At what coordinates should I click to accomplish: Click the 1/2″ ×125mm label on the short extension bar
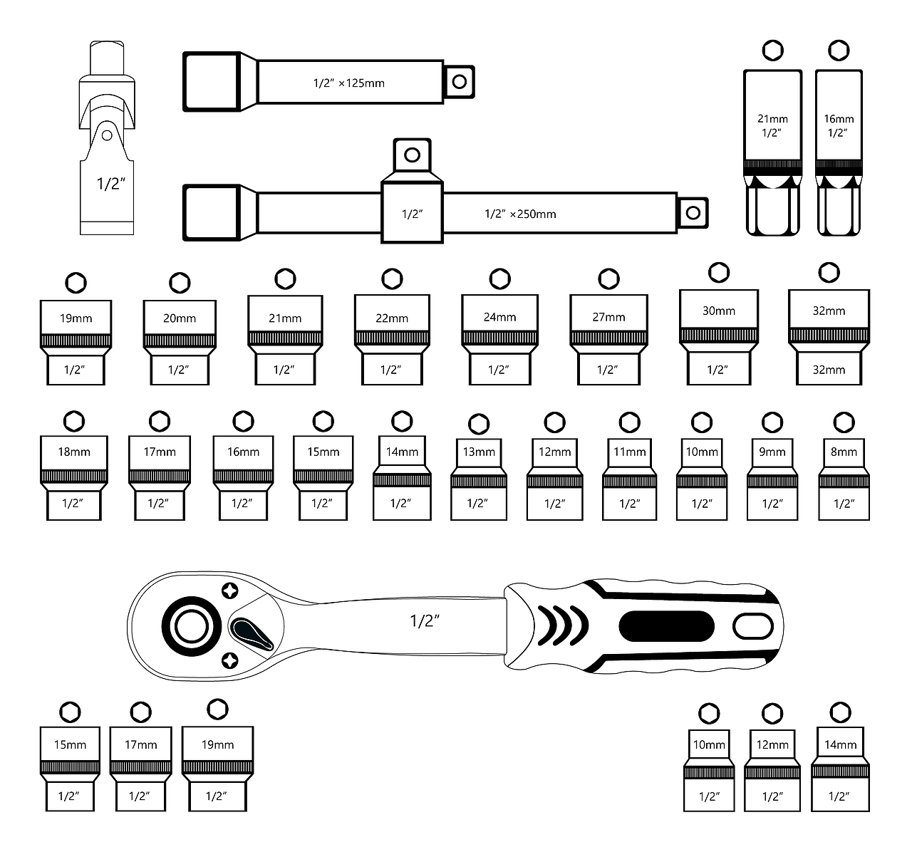point(349,83)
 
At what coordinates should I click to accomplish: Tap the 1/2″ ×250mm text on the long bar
point(520,214)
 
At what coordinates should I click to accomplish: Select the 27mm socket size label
point(608,317)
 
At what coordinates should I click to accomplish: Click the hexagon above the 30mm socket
point(719,273)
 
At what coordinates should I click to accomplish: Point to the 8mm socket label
point(844,452)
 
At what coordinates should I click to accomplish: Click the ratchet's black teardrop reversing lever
point(252,634)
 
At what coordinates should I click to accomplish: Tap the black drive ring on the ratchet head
point(192,626)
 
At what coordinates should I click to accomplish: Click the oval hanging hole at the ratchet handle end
point(753,626)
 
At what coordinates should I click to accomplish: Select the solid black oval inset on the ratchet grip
point(667,625)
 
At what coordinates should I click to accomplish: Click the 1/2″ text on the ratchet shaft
point(425,621)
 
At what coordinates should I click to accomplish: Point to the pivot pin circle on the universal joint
point(107,135)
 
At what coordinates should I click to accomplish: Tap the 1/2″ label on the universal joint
point(110,184)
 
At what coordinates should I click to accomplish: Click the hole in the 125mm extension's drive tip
point(460,82)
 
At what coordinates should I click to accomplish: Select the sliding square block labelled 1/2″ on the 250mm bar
point(412,213)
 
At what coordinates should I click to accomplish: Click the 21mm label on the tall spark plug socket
point(772,119)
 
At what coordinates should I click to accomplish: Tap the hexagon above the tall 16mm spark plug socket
point(839,51)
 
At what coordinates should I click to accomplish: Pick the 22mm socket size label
point(392,318)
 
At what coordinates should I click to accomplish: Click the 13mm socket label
point(479,452)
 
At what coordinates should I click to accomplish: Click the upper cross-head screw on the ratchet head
point(229,591)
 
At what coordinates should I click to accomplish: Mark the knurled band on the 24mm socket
point(499,338)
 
